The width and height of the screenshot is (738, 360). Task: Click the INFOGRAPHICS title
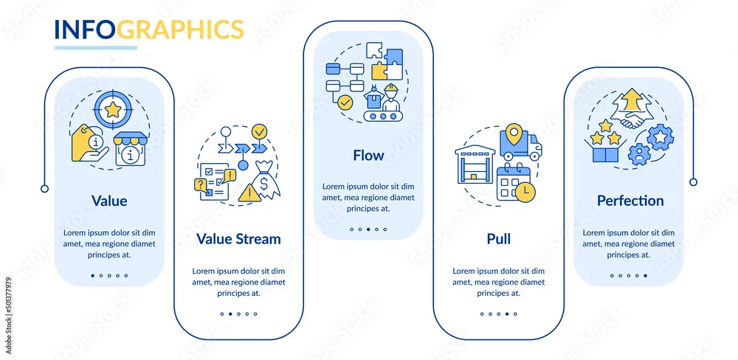pos(149,30)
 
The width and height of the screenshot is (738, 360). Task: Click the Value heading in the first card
pos(109,201)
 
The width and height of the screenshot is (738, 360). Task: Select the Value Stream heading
pos(238,238)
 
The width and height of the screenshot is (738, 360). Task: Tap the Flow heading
pos(368,156)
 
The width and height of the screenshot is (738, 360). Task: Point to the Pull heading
pos(498,238)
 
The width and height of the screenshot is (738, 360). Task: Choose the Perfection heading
pos(630,201)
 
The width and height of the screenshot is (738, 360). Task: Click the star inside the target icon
pos(113,110)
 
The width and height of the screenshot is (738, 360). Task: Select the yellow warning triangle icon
pos(249,193)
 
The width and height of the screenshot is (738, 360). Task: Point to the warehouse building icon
pos(475,165)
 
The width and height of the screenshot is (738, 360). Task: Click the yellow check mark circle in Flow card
pos(345,102)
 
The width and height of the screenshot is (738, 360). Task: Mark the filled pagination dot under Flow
pos(368,229)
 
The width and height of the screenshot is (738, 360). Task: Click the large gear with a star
pos(660,137)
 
